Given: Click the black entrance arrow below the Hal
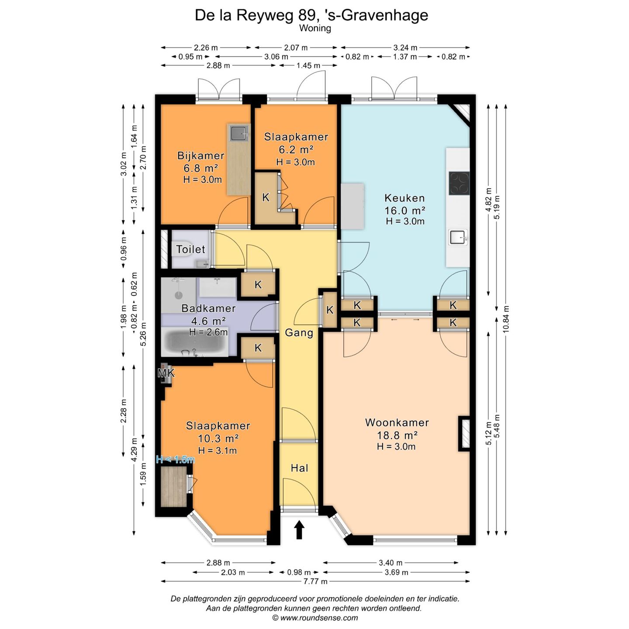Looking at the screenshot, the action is [299, 539].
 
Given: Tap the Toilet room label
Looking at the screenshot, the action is [190, 249].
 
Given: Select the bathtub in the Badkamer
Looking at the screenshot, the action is [195, 342].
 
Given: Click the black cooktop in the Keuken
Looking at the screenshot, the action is [459, 183].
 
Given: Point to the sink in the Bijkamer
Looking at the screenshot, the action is [239, 132].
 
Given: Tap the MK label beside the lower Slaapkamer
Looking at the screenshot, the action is [166, 373].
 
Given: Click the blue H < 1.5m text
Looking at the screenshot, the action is [175, 460].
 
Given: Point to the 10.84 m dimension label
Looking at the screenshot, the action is [506, 319].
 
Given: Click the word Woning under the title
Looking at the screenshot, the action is [315, 28].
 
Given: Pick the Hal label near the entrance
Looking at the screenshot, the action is [299, 468].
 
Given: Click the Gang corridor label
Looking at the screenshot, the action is [299, 332].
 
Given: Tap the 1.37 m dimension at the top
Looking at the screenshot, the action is [405, 57].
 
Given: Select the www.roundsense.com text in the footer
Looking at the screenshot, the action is [319, 618].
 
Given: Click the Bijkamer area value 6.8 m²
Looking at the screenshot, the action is [201, 168].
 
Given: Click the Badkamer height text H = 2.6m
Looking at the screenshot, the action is [208, 332].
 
